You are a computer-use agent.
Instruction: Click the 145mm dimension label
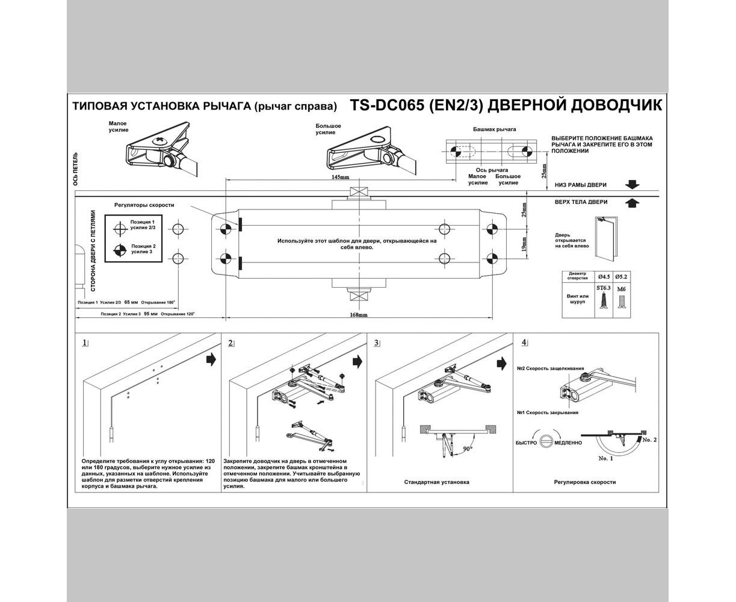(340, 177)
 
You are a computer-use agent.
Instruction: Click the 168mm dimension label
(359, 315)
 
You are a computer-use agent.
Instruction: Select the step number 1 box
(85, 343)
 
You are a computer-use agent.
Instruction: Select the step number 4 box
(524, 343)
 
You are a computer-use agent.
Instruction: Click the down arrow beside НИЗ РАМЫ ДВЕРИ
(632, 185)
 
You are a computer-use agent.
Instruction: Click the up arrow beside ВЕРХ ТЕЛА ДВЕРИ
(632, 203)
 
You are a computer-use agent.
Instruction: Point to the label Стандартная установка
(438, 482)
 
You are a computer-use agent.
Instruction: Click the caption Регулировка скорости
(585, 482)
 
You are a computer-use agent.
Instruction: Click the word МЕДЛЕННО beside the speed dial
(567, 442)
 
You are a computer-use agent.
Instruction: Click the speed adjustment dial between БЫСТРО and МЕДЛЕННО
(546, 442)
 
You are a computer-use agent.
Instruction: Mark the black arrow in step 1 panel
(211, 359)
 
